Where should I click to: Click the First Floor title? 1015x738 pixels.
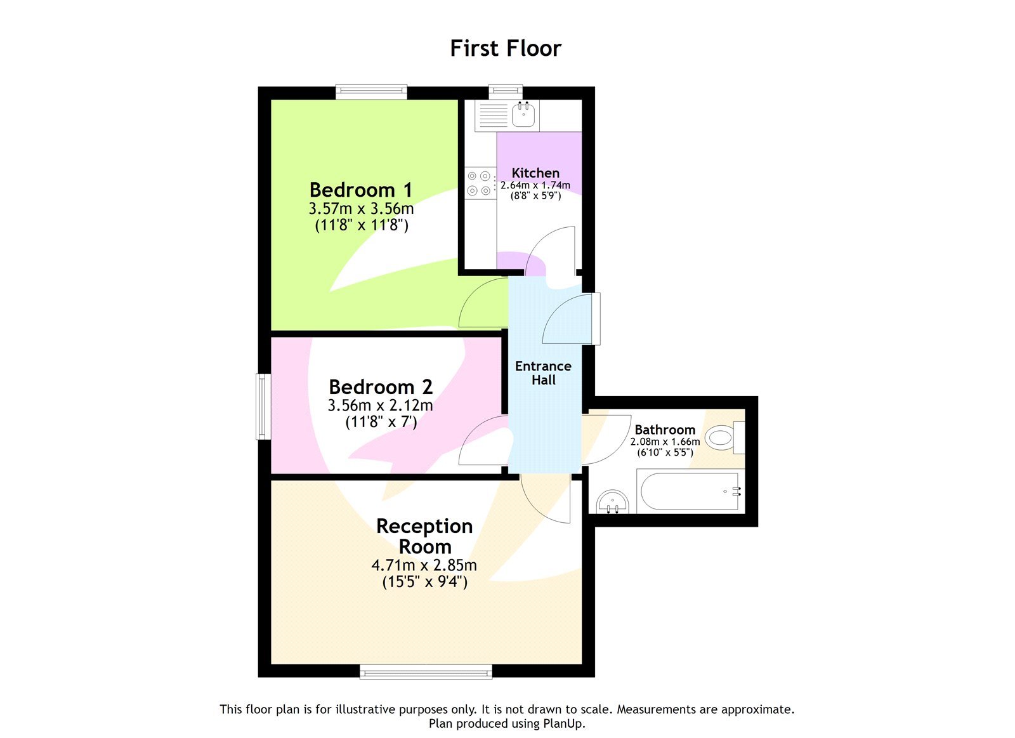(506, 48)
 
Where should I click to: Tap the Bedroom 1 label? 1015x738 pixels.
(360, 190)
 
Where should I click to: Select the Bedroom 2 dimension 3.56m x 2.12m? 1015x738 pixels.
(380, 405)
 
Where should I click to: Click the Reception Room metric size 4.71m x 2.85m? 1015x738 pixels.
(424, 565)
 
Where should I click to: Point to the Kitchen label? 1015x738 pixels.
(535, 173)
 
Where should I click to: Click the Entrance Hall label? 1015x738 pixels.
(543, 373)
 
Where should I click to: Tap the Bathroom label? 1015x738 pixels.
(665, 430)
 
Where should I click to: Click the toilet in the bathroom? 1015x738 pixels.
(723, 438)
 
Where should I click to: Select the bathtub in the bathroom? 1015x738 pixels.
(690, 491)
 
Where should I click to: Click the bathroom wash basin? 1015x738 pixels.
(613, 502)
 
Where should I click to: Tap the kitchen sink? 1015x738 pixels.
(523, 115)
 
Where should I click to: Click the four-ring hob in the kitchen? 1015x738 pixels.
(480, 183)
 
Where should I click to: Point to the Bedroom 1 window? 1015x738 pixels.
(371, 93)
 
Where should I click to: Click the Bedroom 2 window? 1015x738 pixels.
(263, 406)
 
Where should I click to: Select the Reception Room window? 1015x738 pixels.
(426, 671)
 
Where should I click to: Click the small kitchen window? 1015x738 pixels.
(506, 93)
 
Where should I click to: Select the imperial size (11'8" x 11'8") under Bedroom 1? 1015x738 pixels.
(362, 225)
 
